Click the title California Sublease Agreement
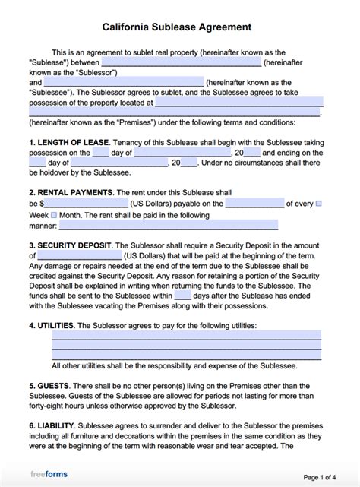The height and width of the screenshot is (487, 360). click(x=179, y=26)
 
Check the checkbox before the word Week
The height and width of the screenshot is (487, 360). click(x=318, y=204)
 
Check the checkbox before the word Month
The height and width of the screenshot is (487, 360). click(x=54, y=215)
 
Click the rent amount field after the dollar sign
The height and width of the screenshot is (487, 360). click(x=86, y=204)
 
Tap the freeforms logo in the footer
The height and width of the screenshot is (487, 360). click(x=49, y=475)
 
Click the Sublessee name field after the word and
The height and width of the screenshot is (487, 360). click(x=124, y=82)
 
